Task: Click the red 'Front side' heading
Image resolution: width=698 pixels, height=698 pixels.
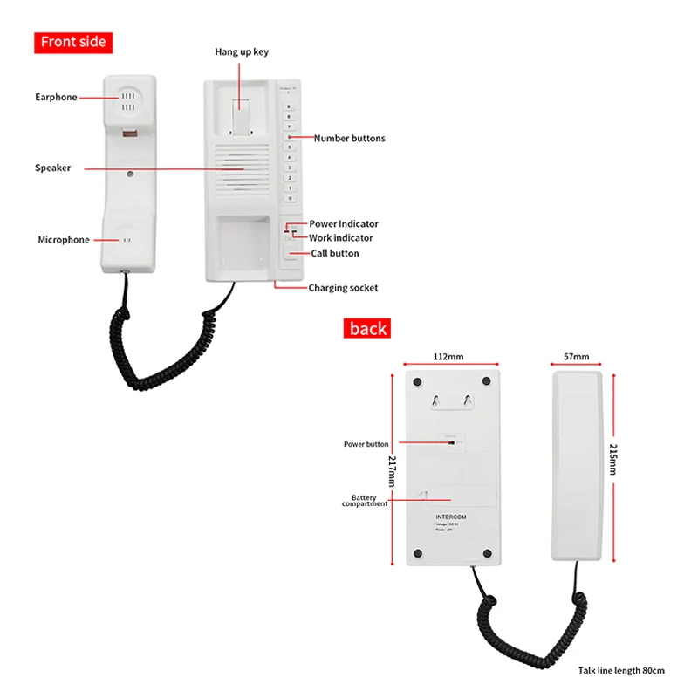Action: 73,42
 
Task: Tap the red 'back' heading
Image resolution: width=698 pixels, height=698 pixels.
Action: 368,329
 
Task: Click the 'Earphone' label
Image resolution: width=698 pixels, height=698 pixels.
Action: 56,97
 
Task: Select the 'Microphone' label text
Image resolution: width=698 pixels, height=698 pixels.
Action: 63,240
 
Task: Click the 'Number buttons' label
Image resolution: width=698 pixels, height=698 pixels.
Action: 349,138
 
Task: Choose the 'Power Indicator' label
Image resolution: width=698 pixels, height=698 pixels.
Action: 344,224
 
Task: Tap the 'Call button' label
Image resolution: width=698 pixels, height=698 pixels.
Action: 335,253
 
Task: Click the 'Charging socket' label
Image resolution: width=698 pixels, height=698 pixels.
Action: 343,287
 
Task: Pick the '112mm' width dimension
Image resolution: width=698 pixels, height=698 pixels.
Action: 448,357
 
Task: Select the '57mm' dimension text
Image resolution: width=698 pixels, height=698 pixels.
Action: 577,357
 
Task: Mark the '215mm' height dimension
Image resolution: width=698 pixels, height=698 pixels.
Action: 613,459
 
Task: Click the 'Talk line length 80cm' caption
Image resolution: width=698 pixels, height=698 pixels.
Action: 620,670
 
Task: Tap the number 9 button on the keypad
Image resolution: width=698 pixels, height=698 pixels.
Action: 290,106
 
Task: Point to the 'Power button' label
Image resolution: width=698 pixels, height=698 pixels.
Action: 366,444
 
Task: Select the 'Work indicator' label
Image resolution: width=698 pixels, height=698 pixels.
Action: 341,238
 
